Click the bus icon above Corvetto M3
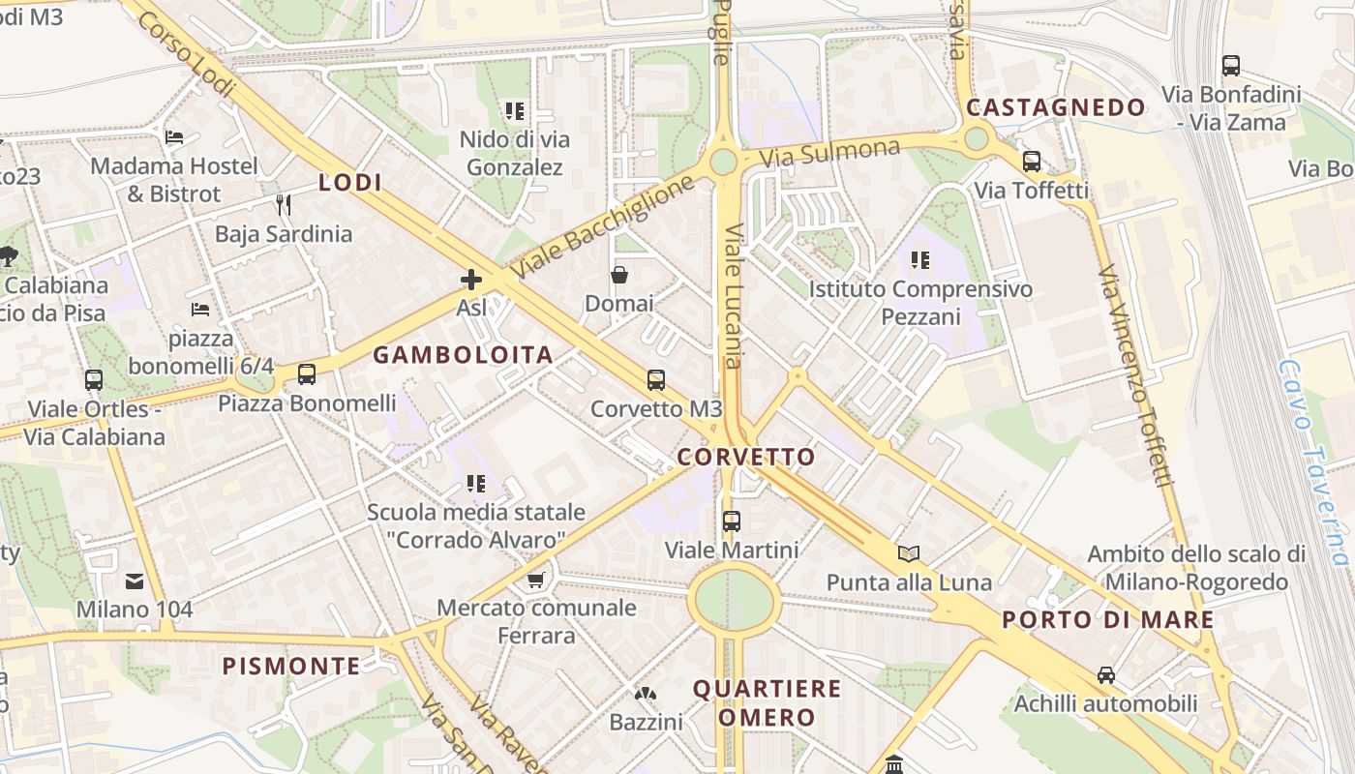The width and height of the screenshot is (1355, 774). pyautogui.click(x=656, y=380)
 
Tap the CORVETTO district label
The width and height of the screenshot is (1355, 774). pyautogui.click(x=746, y=457)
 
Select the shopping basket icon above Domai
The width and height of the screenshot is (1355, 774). pyautogui.click(x=619, y=276)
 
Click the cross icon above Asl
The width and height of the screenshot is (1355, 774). pyautogui.click(x=471, y=281)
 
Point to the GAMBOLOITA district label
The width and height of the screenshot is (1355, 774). pyautogui.click(x=464, y=355)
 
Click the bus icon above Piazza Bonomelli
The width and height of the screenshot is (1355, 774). pyautogui.click(x=307, y=374)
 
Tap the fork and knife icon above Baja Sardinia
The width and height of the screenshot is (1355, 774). pyautogui.click(x=284, y=204)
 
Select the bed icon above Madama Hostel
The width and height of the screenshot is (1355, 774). pyautogui.click(x=174, y=137)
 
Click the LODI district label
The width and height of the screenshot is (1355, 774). pyautogui.click(x=350, y=182)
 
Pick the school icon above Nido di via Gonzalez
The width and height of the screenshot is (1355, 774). pyautogui.click(x=515, y=111)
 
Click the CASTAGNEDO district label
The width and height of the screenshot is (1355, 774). pyautogui.click(x=1056, y=107)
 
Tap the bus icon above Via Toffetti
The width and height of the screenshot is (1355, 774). pyautogui.click(x=1032, y=162)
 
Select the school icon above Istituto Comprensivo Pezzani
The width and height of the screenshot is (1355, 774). pyautogui.click(x=920, y=259)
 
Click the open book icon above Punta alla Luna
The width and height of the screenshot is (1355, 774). pyautogui.click(x=909, y=553)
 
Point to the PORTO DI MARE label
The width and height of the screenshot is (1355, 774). pyautogui.click(x=1108, y=620)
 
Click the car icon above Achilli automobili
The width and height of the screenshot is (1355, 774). pyautogui.click(x=1106, y=674)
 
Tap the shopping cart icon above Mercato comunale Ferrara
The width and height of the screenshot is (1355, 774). pyautogui.click(x=536, y=580)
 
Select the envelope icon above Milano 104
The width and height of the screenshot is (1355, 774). pyautogui.click(x=135, y=581)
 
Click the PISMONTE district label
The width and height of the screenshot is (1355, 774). pyautogui.click(x=291, y=666)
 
